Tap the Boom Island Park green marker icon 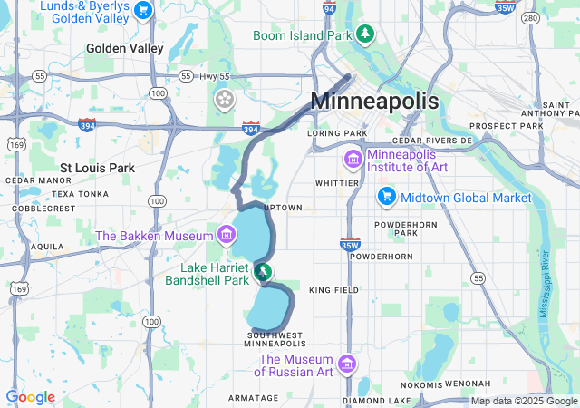[x=365, y=34]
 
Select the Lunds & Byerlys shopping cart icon [x=142, y=10]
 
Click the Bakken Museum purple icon [x=225, y=236]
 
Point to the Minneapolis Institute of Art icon [x=352, y=160]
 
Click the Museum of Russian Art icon [x=346, y=364]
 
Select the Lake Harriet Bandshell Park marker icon [x=262, y=270]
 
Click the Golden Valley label [x=124, y=48]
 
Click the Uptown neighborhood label [x=283, y=208]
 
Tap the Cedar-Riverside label [x=433, y=141]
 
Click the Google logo [x=30, y=397]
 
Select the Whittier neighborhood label [x=336, y=182]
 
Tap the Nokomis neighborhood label [x=419, y=384]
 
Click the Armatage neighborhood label [x=254, y=397]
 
